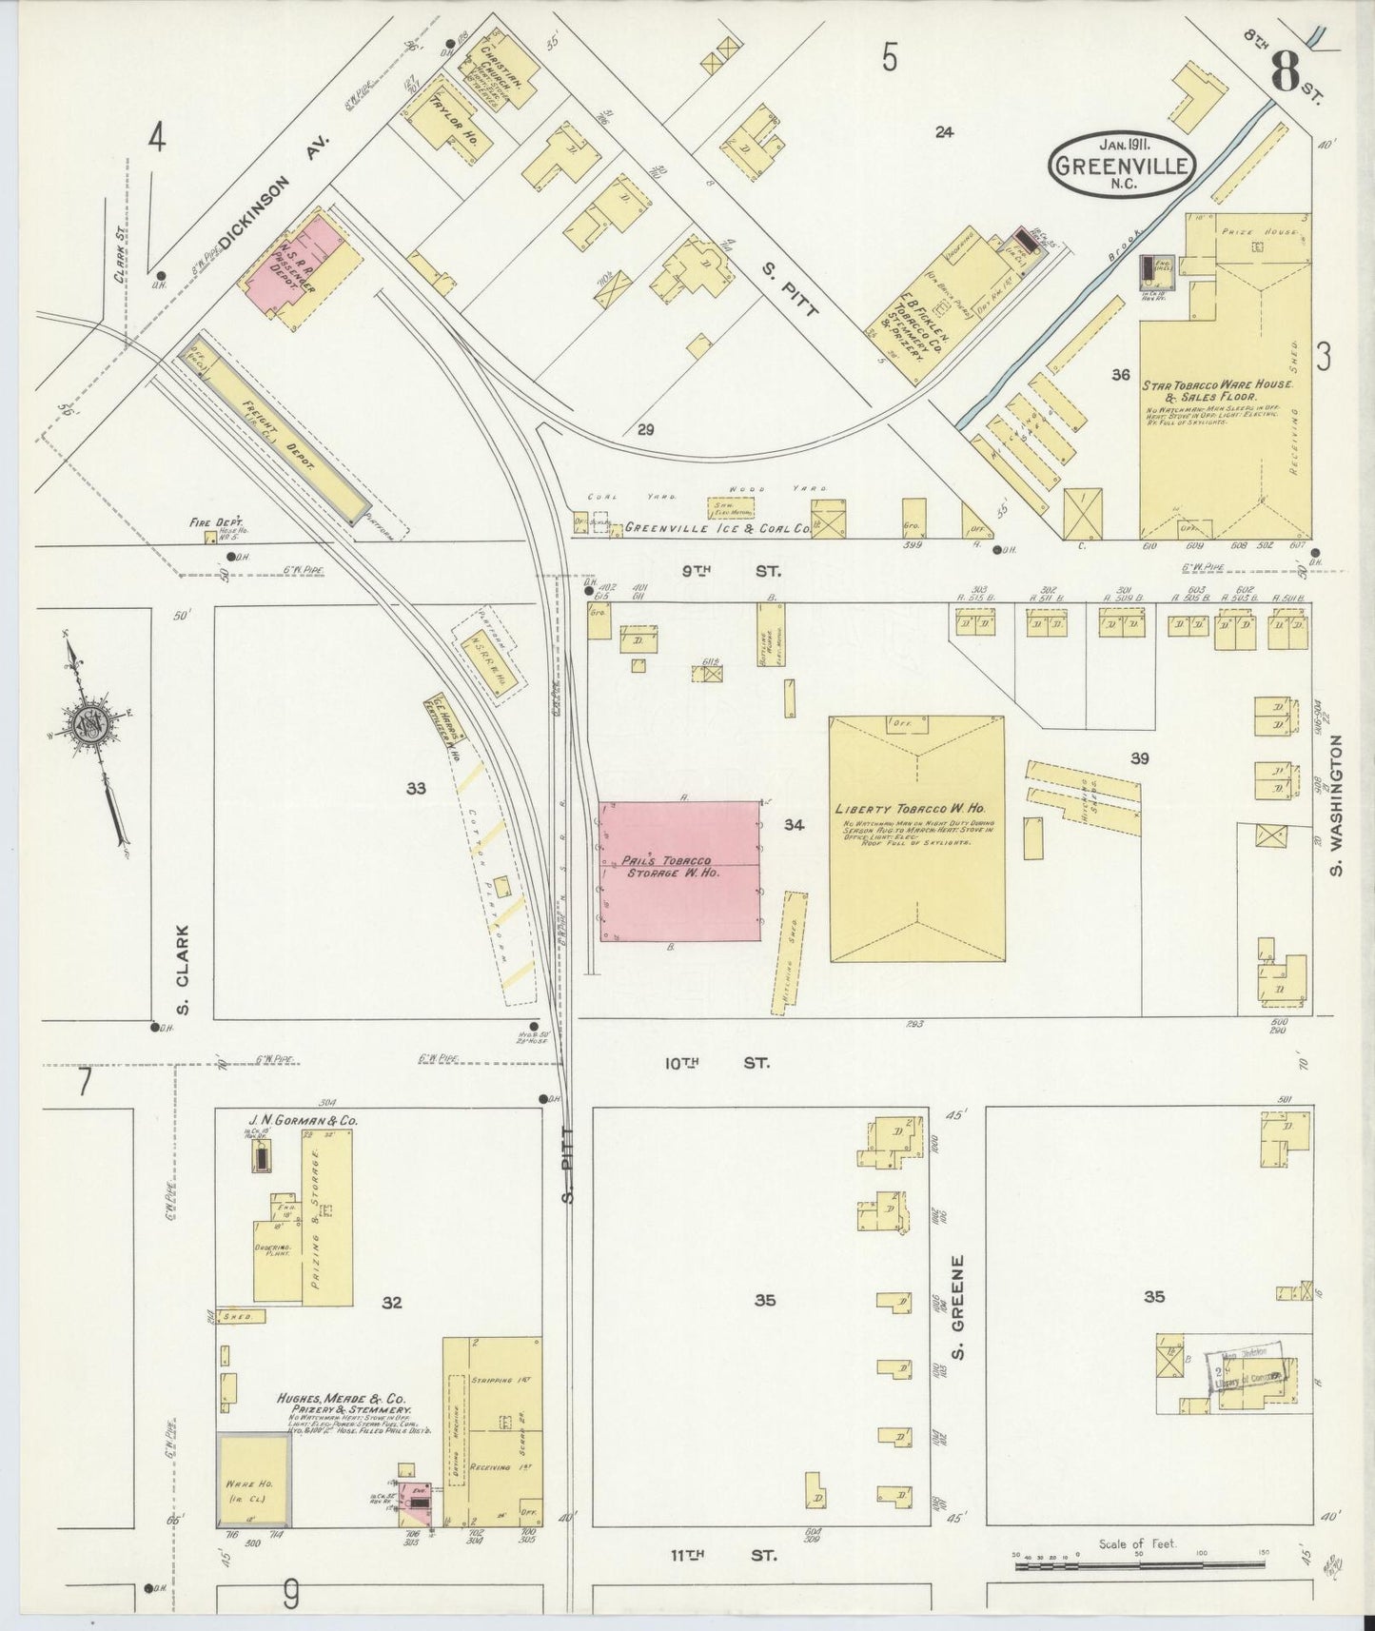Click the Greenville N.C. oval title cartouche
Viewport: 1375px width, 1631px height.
click(1122, 165)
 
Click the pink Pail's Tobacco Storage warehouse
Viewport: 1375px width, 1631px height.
click(679, 870)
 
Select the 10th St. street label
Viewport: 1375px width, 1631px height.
click(717, 1063)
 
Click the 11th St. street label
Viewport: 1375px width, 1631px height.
click(722, 1555)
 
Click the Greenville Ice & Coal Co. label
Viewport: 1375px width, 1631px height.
click(730, 526)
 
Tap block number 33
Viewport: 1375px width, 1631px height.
click(415, 788)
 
